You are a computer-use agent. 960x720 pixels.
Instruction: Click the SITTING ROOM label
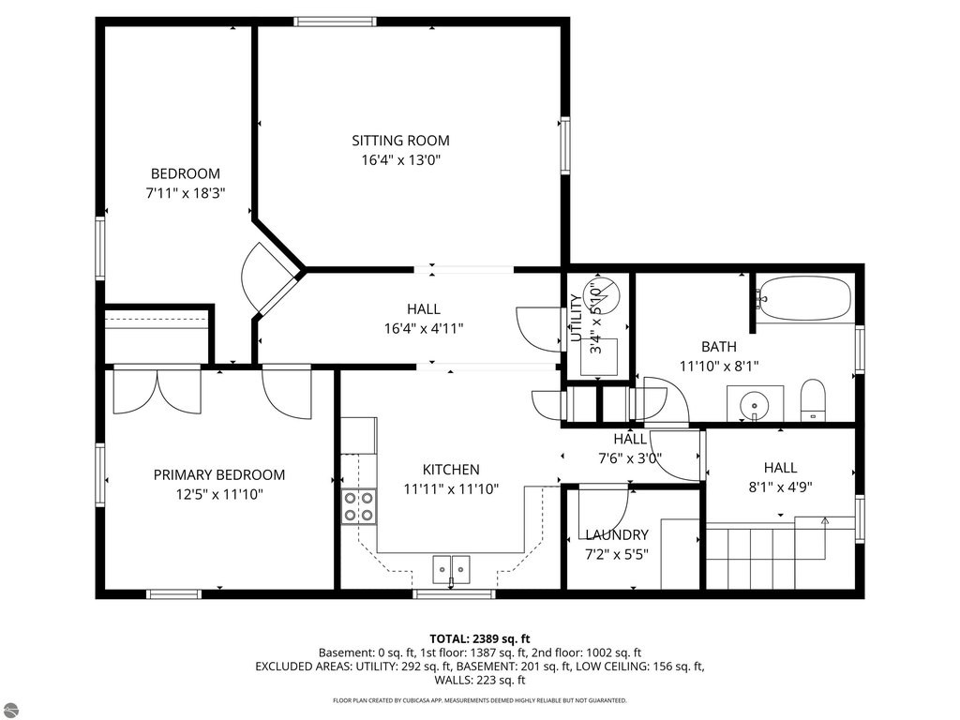coord(400,141)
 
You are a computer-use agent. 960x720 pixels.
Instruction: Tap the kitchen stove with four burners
coord(359,506)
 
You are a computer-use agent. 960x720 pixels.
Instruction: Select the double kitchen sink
coord(451,569)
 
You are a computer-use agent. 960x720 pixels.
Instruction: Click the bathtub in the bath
coord(803,297)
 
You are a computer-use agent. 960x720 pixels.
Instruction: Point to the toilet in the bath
coord(813,400)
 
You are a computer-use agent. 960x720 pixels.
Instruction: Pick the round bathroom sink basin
coord(755,405)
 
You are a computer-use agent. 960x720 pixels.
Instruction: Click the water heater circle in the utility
coord(602,292)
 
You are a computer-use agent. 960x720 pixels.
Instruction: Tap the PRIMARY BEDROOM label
coord(219,474)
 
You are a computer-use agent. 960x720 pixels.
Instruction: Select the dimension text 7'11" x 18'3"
coord(186,193)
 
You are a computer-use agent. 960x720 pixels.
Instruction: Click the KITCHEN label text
coord(451,470)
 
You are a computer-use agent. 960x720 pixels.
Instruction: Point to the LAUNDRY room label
coord(617,535)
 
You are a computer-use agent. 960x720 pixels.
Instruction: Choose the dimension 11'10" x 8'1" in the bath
coord(719,367)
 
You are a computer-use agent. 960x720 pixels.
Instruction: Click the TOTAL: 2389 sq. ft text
coord(479,639)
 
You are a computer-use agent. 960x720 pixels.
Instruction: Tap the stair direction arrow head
coord(825,521)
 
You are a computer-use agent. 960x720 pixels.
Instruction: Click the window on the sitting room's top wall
coord(335,22)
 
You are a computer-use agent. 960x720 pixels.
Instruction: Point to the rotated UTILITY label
coord(577,319)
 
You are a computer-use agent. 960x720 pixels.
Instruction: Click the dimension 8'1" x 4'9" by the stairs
coord(780,487)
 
